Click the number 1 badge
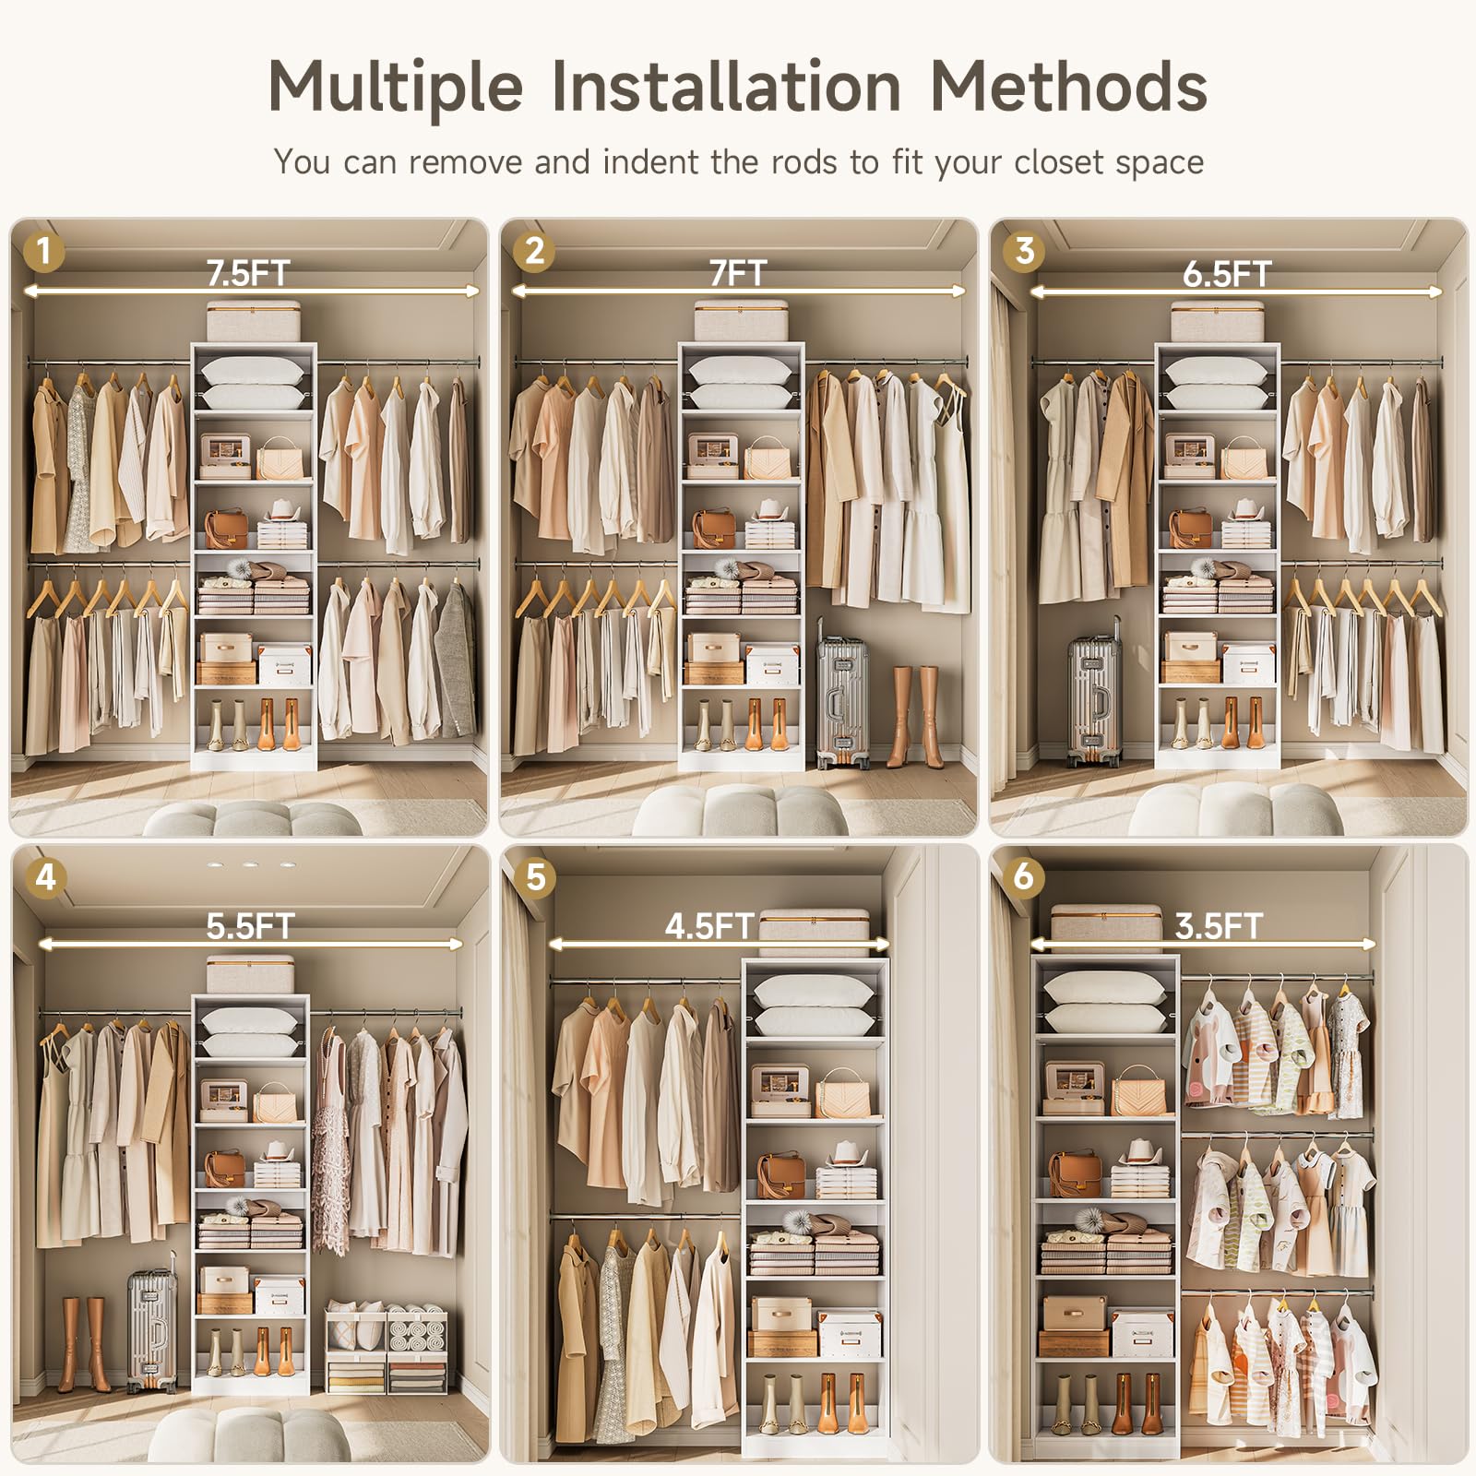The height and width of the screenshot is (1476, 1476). coord(43,251)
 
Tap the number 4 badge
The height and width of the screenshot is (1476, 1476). coord(45,876)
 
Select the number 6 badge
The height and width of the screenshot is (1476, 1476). coord(1023,875)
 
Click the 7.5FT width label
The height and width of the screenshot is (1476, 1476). coord(247,273)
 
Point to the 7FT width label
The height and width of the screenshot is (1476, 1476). coord(738,273)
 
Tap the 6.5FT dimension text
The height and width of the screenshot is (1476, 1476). coord(1227,274)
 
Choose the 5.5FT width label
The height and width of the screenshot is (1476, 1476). coord(250,925)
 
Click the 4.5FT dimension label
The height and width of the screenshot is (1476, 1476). coord(709,925)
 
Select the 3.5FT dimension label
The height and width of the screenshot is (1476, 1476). coord(1219,925)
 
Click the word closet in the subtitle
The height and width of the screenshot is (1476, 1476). coord(1058,162)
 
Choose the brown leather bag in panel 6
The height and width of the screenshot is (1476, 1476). coord(1075,1173)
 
